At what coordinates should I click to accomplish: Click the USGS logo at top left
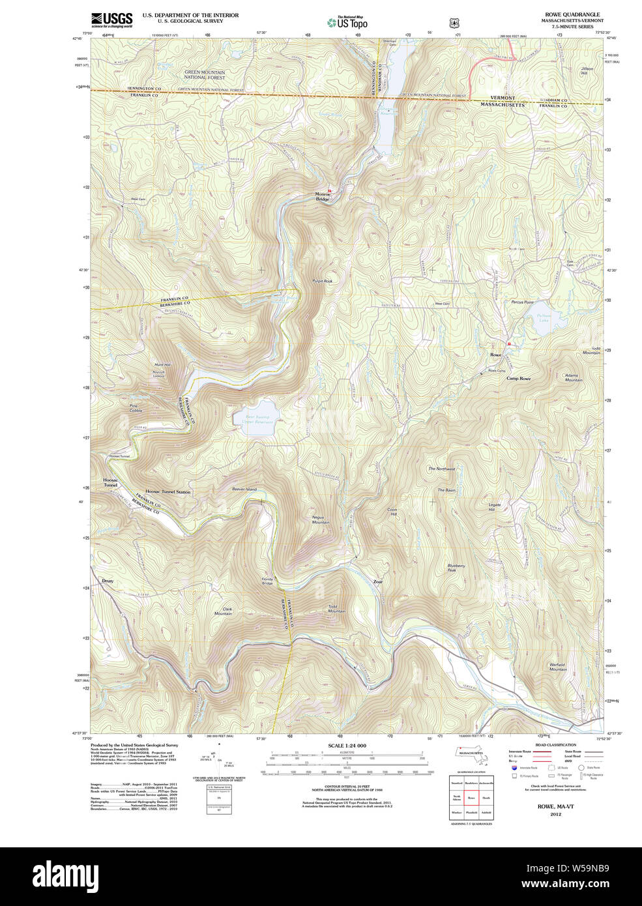coord(111,19)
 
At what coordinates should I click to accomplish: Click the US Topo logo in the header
coord(347,22)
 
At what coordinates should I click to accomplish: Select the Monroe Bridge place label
coord(322,196)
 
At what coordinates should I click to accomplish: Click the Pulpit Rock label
coord(323,281)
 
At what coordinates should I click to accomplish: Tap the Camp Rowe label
coord(518,379)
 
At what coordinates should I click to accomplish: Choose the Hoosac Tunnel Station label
coord(168,492)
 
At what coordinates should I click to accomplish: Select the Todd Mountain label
coord(336,609)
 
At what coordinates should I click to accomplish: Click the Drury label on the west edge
coord(108,580)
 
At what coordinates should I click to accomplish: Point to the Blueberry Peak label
coord(456,568)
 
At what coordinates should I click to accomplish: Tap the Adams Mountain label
coord(573,377)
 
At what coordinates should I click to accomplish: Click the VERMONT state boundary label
coord(503,98)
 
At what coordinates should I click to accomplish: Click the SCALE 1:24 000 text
coord(347,746)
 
